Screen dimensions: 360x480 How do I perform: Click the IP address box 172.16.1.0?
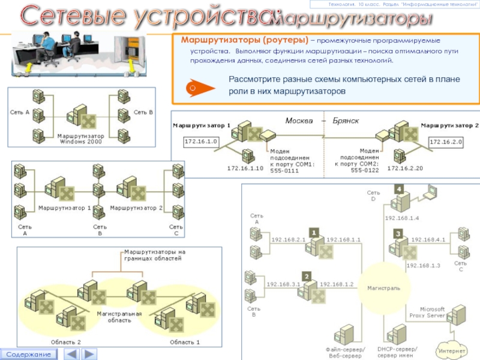(x=202, y=142)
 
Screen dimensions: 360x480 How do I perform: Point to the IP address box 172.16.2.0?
(x=446, y=142)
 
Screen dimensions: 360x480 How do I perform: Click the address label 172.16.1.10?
(x=245, y=169)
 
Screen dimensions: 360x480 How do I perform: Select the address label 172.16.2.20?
(x=405, y=169)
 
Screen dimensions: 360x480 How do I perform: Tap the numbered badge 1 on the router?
(x=313, y=232)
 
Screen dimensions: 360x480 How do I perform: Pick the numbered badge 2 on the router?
(x=307, y=276)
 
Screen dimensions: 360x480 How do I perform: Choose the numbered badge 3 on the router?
(x=397, y=233)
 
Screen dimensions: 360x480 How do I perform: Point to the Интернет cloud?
(x=452, y=350)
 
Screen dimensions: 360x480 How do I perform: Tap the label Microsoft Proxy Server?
(x=427, y=312)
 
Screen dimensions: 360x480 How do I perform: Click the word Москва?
(x=299, y=121)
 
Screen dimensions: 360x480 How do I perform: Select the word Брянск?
(x=346, y=121)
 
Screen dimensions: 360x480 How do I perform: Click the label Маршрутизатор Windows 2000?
(x=81, y=139)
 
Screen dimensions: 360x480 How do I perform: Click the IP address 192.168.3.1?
(x=283, y=284)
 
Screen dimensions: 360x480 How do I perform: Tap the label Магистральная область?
(x=119, y=317)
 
